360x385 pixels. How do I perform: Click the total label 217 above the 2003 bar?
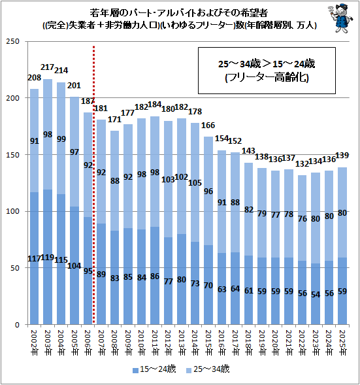pyautogui.click(x=47, y=67)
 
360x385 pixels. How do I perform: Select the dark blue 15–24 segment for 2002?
pyautogui.click(x=34, y=258)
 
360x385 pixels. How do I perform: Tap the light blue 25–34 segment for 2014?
pyautogui.click(x=195, y=182)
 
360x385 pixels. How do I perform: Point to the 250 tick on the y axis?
pyautogui.click(x=13, y=41)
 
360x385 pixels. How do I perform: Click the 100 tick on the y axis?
pyautogui.click(x=13, y=211)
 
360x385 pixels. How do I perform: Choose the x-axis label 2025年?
pyautogui.click(x=342, y=343)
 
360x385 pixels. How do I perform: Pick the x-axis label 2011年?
pyautogui.click(x=155, y=343)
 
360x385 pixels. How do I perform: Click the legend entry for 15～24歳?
pyautogui.click(x=154, y=369)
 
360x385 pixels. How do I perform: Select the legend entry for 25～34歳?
pyautogui.click(x=208, y=369)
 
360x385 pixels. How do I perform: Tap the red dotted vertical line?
pyautogui.click(x=93, y=184)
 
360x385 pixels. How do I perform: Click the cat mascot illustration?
pyautogui.click(x=340, y=18)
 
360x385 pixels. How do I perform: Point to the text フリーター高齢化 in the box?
pyautogui.click(x=267, y=78)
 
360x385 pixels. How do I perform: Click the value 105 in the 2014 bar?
pyautogui.click(x=195, y=183)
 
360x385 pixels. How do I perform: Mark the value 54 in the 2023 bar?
pyautogui.click(x=316, y=294)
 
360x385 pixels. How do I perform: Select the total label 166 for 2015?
pyautogui.click(x=208, y=126)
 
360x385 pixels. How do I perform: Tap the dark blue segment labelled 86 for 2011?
pyautogui.click(x=155, y=275)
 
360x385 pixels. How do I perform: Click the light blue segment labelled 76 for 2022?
pyautogui.click(x=303, y=218)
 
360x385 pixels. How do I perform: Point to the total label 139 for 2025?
pyautogui.click(x=342, y=156)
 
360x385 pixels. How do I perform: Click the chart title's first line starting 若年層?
pyautogui.click(x=179, y=13)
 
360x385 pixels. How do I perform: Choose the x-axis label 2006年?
pyautogui.click(x=88, y=343)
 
